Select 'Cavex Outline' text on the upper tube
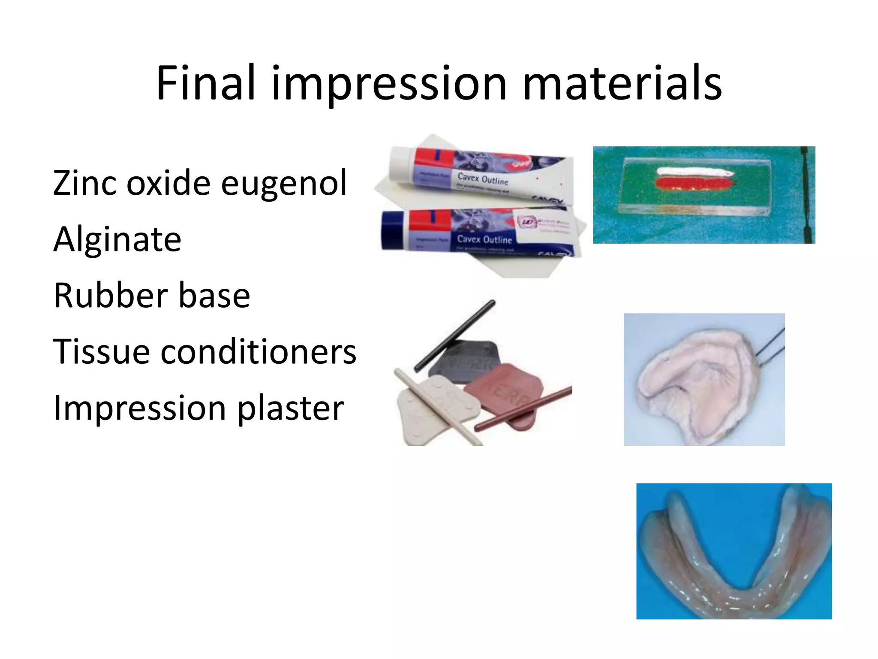482,179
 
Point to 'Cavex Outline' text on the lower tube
484,239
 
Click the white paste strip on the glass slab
695,172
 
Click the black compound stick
454,335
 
